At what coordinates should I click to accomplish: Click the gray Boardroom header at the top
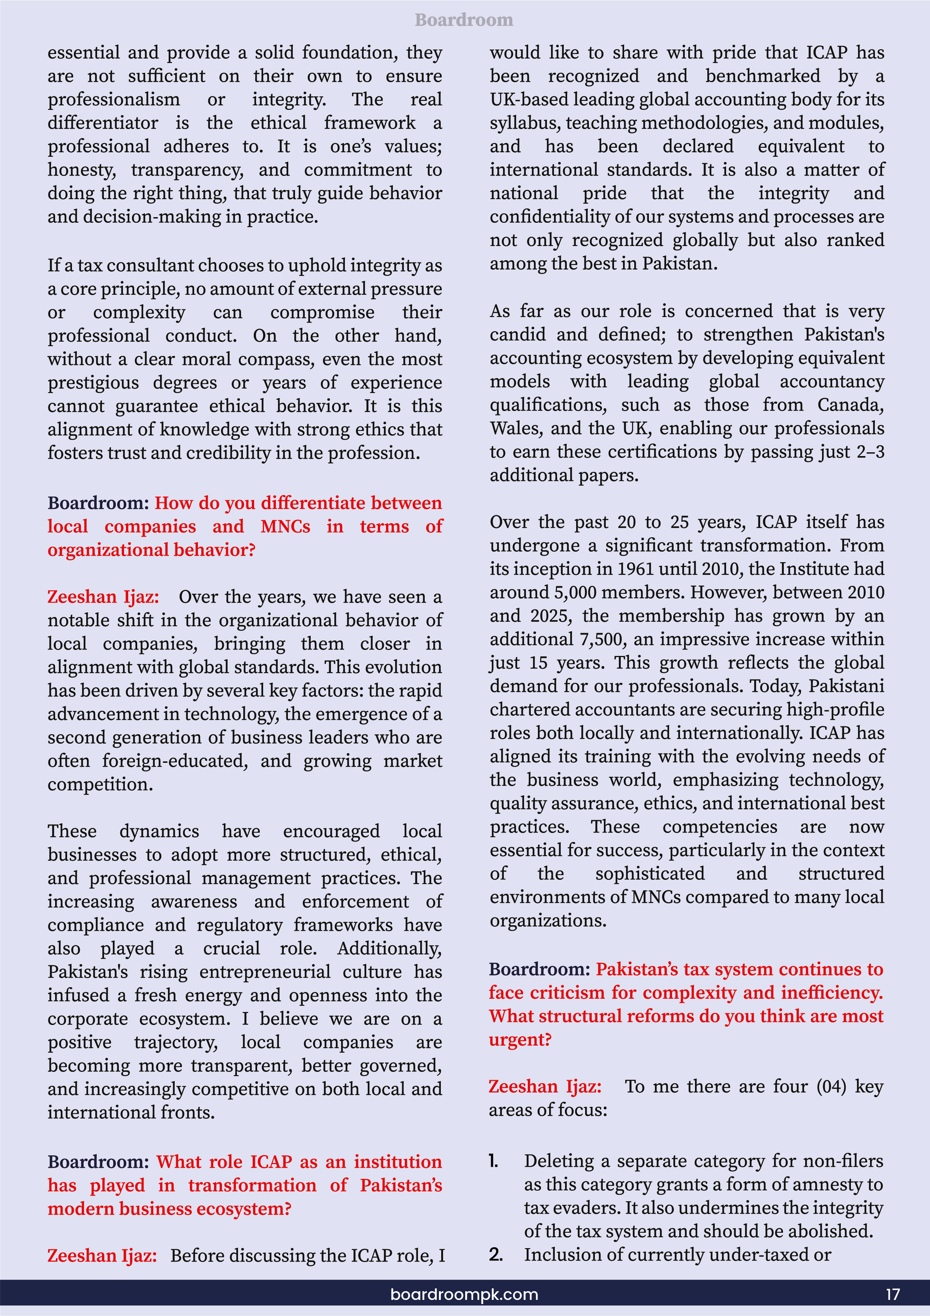tap(464, 20)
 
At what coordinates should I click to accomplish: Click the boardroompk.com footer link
tap(464, 1294)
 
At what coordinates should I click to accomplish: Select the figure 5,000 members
tap(575, 592)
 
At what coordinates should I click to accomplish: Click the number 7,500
tap(602, 639)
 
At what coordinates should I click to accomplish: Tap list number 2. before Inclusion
tap(496, 1254)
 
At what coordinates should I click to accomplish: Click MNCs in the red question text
tap(285, 526)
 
